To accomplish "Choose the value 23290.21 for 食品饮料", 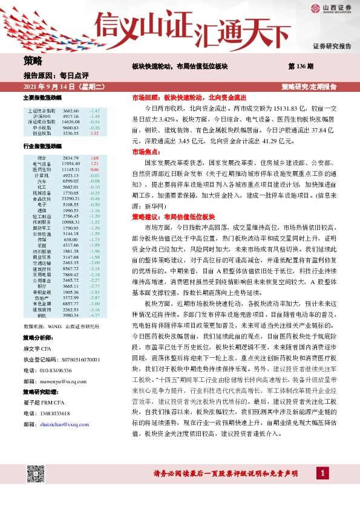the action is (71, 198).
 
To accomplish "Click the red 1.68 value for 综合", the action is (94, 158).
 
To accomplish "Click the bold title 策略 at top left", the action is (33, 61).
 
